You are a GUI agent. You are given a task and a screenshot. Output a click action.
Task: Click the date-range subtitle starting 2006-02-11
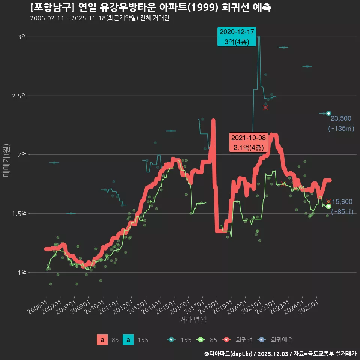(100, 18)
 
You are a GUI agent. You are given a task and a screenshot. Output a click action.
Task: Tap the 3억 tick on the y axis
(22, 37)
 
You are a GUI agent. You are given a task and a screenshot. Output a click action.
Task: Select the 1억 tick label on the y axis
(22, 272)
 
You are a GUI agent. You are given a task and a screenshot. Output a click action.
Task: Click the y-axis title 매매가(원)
(6, 160)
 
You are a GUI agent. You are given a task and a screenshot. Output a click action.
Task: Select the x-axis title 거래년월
(193, 320)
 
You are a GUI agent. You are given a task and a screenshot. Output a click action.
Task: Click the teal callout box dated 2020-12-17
(237, 37)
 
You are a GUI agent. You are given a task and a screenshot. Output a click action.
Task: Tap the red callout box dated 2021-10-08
(248, 142)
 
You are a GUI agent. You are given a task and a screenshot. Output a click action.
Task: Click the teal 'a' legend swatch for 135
(128, 340)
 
